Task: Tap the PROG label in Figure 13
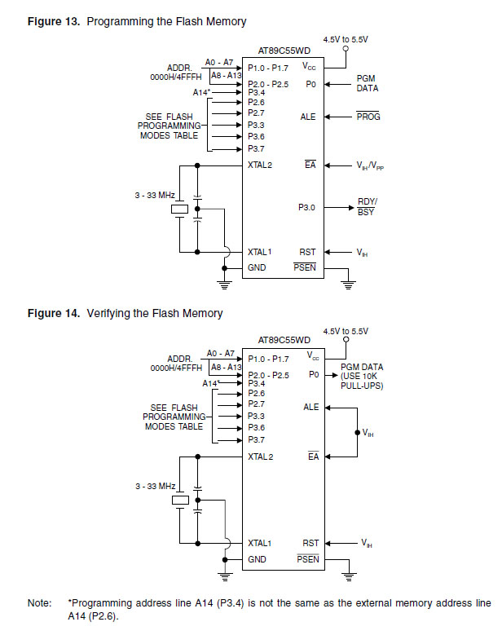(368, 117)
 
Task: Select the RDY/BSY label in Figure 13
(368, 206)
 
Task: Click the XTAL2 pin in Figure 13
(259, 165)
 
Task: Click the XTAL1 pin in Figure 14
(259, 542)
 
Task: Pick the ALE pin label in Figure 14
(310, 407)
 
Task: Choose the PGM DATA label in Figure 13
(366, 83)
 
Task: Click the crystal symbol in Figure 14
(178, 501)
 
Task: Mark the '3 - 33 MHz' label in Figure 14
(156, 486)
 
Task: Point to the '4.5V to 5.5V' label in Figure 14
(346, 331)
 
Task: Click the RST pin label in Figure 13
(308, 253)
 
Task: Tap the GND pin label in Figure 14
(257, 559)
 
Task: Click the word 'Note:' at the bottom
(39, 603)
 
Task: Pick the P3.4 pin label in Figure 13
(256, 93)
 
